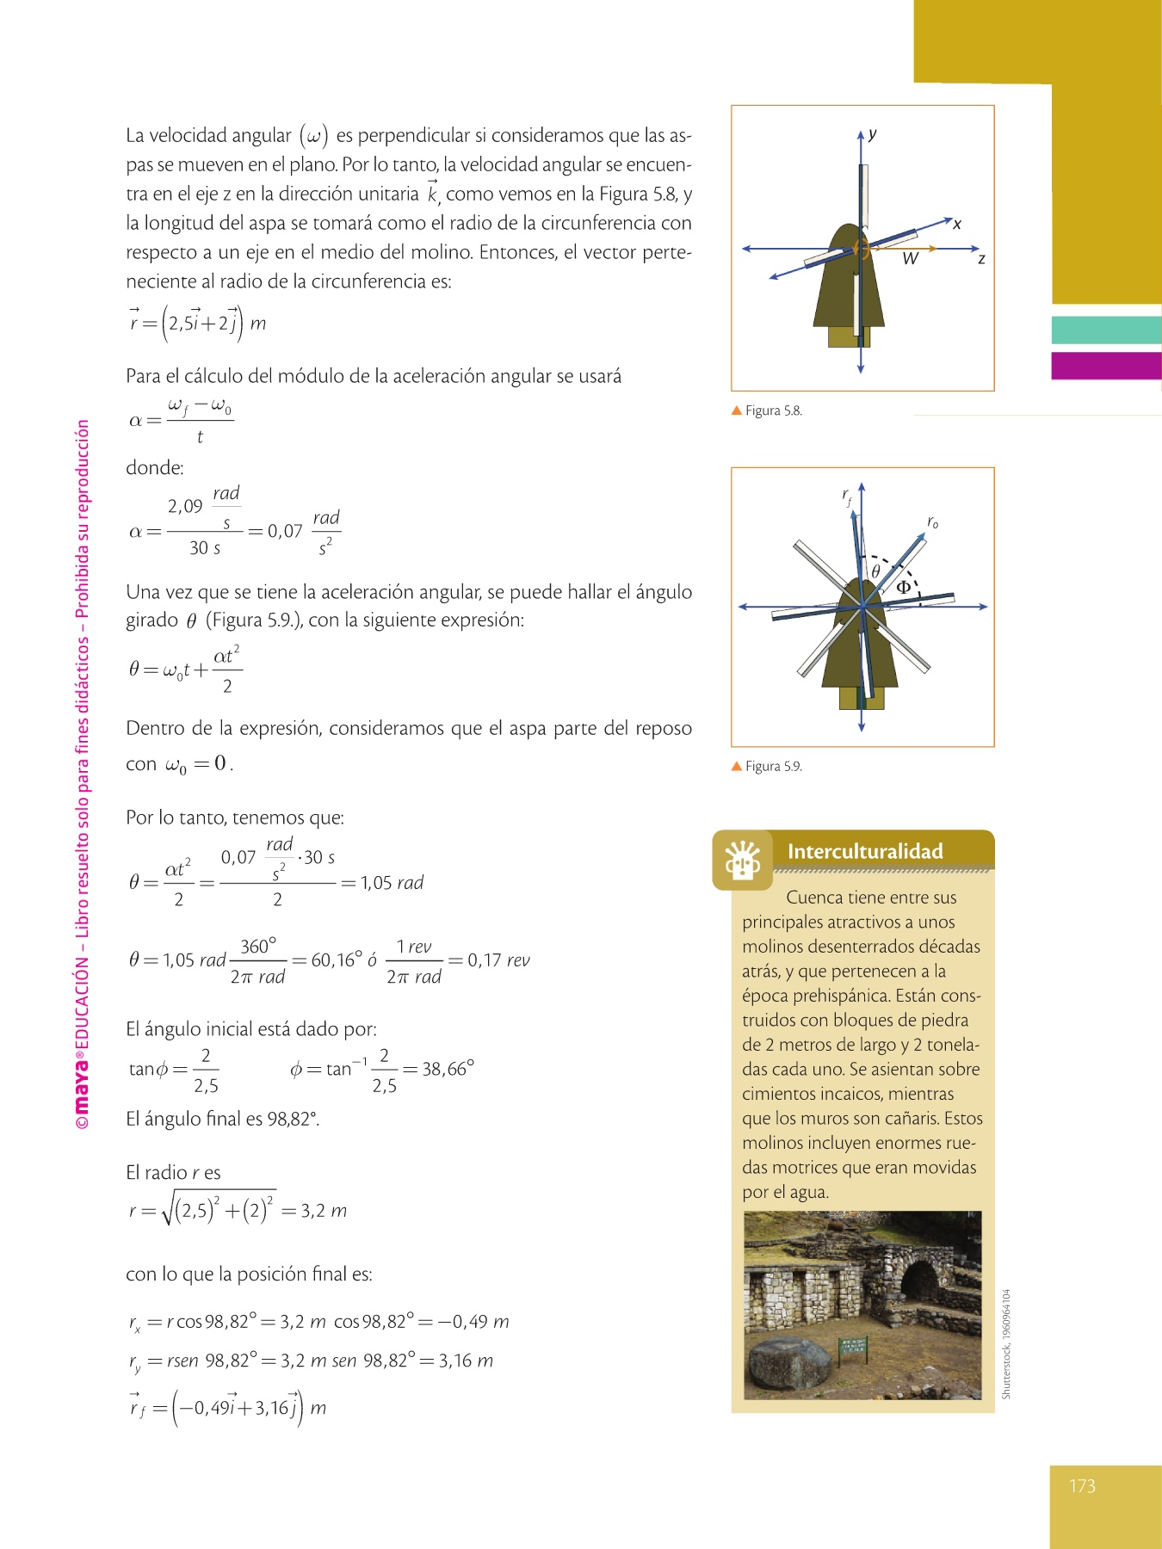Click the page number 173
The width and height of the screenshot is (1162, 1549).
click(x=1082, y=1486)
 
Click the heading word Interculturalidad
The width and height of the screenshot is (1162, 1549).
click(x=865, y=851)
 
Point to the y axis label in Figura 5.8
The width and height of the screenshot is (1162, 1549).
click(x=872, y=134)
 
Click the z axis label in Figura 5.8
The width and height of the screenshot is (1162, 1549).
click(x=981, y=258)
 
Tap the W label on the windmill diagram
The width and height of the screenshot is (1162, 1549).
click(x=910, y=259)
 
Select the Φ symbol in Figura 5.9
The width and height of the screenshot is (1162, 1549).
click(x=904, y=588)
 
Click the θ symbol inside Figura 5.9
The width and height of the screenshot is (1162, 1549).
click(x=875, y=572)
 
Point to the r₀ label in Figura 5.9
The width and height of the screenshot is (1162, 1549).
click(x=932, y=522)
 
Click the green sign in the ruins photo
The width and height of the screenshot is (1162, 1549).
click(x=853, y=1348)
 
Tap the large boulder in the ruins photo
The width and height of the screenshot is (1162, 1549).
click(x=788, y=1365)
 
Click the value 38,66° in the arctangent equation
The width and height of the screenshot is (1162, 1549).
click(x=448, y=1069)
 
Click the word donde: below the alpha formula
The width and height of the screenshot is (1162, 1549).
click(x=155, y=468)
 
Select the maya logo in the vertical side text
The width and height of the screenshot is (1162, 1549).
click(x=82, y=1089)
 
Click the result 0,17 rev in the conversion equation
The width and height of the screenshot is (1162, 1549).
click(x=498, y=960)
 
